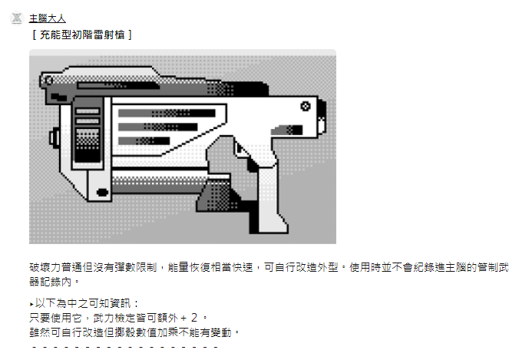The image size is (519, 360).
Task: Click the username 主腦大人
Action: [x=48, y=18]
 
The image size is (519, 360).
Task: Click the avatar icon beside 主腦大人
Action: [x=17, y=18]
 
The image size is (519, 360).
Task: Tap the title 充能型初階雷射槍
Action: [x=82, y=35]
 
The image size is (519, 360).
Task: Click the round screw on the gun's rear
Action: [x=305, y=106]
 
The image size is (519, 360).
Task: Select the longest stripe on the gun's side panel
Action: [x=167, y=113]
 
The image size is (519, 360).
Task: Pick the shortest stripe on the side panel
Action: [x=144, y=140]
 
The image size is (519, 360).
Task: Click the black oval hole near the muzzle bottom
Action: [x=102, y=192]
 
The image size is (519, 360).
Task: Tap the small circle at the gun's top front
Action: [x=48, y=80]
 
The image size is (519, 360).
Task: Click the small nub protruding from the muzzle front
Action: [x=54, y=137]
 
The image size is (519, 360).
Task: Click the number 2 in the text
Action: [x=194, y=318]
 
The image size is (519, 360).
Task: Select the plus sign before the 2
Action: [x=183, y=319]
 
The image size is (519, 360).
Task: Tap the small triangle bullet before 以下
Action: [x=31, y=304]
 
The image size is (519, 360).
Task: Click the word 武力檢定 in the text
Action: [x=114, y=318]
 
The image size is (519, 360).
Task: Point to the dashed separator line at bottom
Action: [x=125, y=348]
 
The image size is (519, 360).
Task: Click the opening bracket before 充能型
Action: [x=35, y=35]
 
